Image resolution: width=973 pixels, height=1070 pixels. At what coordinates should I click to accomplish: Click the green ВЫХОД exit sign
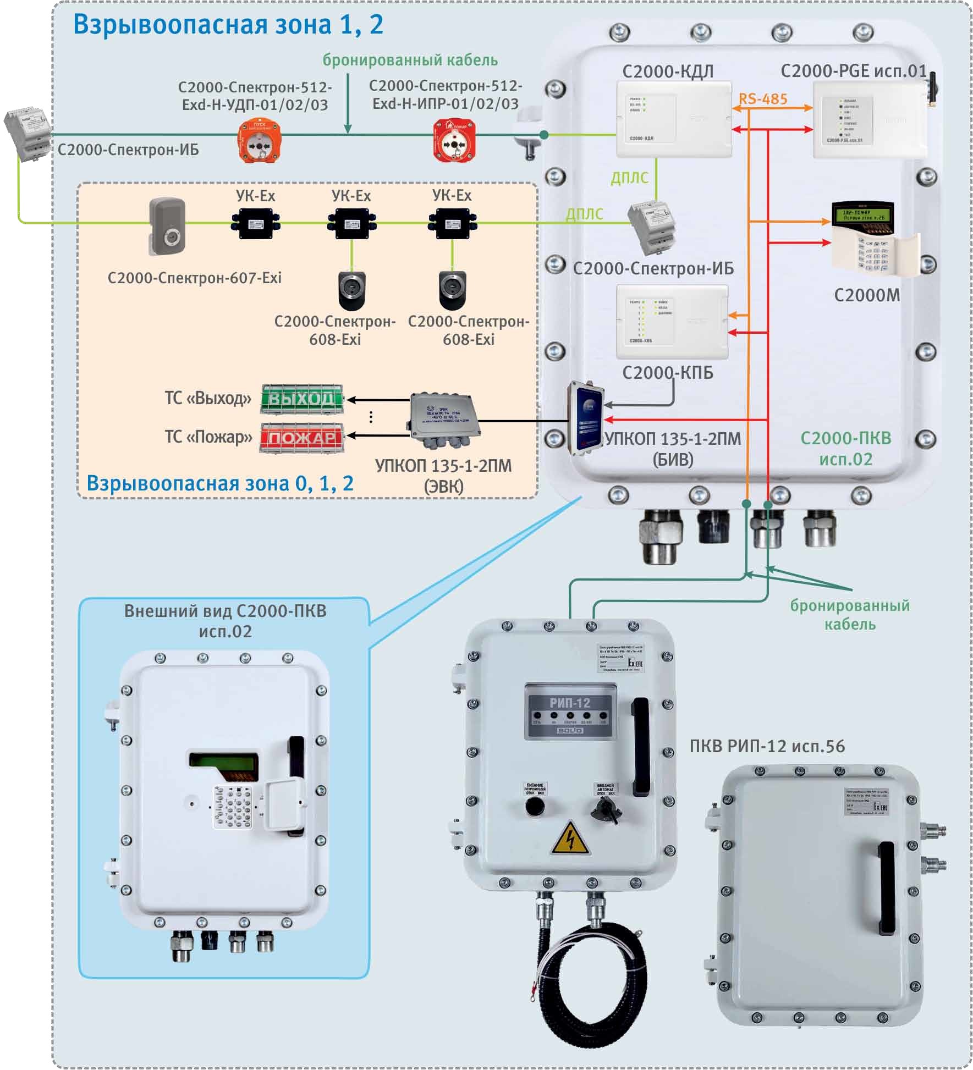[302, 399]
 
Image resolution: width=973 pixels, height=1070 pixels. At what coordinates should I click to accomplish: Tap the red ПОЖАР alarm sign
[302, 438]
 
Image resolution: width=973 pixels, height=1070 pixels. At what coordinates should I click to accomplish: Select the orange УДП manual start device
[259, 142]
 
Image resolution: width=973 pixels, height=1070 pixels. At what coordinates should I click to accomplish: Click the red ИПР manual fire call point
[454, 142]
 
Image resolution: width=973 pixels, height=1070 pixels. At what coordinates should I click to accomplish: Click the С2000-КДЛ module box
[673, 119]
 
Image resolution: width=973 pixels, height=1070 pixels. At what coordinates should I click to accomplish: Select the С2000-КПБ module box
[672, 322]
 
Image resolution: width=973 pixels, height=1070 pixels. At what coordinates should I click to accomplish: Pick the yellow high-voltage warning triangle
[570, 839]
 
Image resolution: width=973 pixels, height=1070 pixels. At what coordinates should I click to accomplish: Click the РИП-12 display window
[570, 712]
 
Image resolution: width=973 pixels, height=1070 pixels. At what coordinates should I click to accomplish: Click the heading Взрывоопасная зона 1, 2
[228, 25]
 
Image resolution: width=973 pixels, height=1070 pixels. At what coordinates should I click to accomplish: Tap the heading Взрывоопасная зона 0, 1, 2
[220, 483]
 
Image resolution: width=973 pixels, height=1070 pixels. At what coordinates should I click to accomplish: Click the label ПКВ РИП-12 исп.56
[767, 746]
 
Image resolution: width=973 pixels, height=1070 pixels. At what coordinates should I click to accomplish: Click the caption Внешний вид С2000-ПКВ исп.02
[225, 621]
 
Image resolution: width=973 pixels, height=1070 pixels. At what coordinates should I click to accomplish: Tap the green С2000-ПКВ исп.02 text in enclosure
[845, 448]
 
